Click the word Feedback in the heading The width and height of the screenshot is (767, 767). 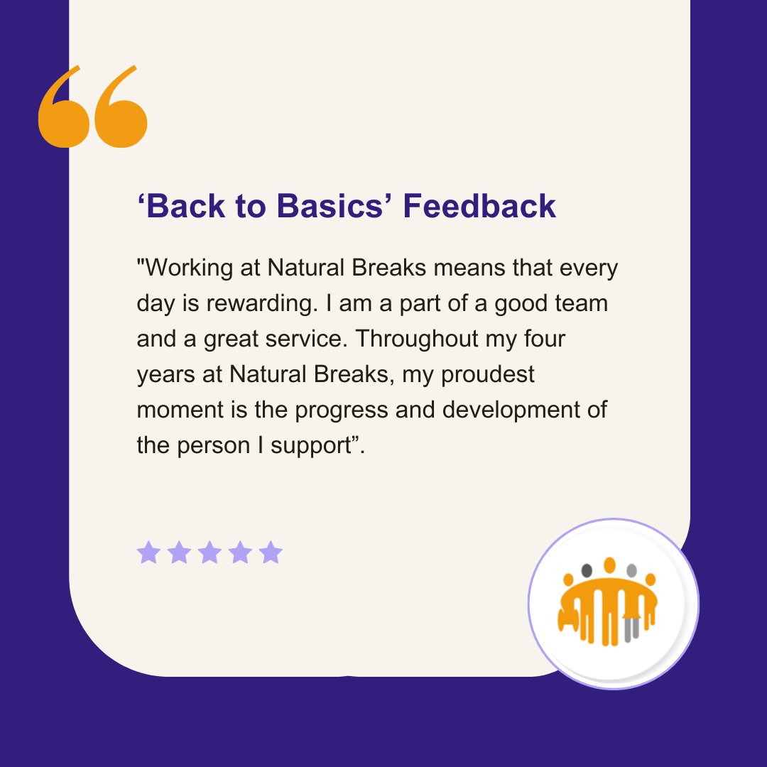[479, 206]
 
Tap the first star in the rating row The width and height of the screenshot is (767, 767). [148, 553]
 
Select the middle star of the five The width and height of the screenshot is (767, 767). [210, 553]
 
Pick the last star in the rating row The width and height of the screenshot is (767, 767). [271, 553]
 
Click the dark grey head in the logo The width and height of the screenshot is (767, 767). [587, 570]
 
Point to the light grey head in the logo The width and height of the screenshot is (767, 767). [631, 570]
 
